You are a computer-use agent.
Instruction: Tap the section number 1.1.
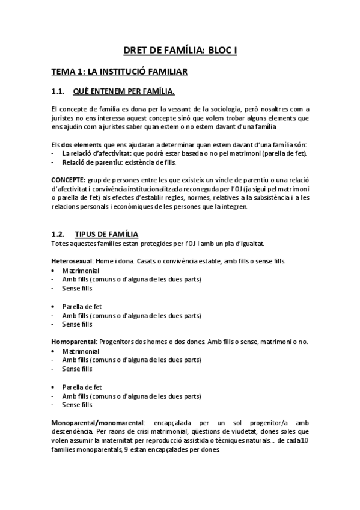pyautogui.click(x=58, y=91)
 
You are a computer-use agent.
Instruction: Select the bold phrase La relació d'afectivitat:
pyautogui.click(x=97, y=153)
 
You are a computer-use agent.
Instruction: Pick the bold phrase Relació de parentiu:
pyautogui.click(x=91, y=162)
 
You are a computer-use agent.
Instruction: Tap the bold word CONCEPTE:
pyautogui.click(x=68, y=180)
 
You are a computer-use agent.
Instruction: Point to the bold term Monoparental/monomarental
pyautogui.click(x=97, y=422)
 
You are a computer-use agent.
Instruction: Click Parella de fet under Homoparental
pyautogui.click(x=82, y=387)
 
